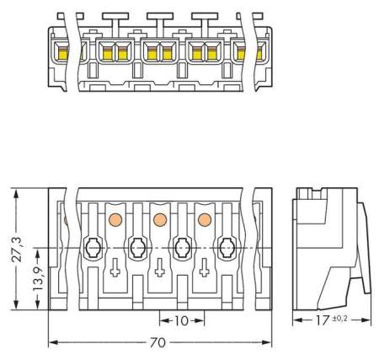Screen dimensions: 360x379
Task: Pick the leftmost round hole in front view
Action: (93, 248)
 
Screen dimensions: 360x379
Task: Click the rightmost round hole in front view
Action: (226, 248)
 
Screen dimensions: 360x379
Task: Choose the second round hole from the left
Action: (137, 248)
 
